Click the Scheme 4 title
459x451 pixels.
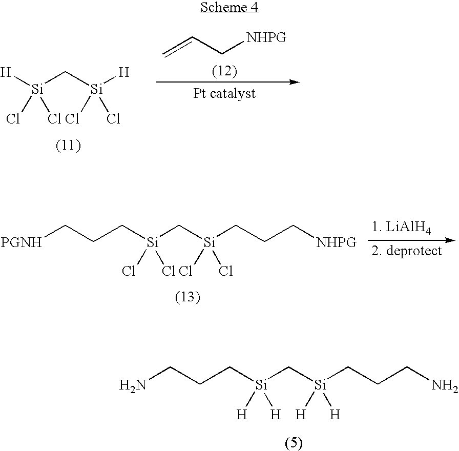229,7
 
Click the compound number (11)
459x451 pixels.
68,146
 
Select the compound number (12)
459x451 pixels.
224,71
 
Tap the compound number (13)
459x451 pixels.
187,297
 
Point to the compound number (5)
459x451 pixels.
294,443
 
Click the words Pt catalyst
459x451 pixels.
224,93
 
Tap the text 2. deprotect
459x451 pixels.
407,251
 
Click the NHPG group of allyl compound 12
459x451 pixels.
266,37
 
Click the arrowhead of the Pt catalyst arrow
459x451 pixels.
295,82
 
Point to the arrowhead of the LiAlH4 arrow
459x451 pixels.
450,240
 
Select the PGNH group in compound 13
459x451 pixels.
21,242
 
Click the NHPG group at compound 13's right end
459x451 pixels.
337,242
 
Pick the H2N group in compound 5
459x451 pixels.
133,385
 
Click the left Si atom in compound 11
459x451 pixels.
37,89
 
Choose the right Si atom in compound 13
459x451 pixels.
210,242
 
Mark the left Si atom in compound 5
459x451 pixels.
261,385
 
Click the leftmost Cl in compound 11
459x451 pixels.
13,119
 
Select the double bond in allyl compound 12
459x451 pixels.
178,46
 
